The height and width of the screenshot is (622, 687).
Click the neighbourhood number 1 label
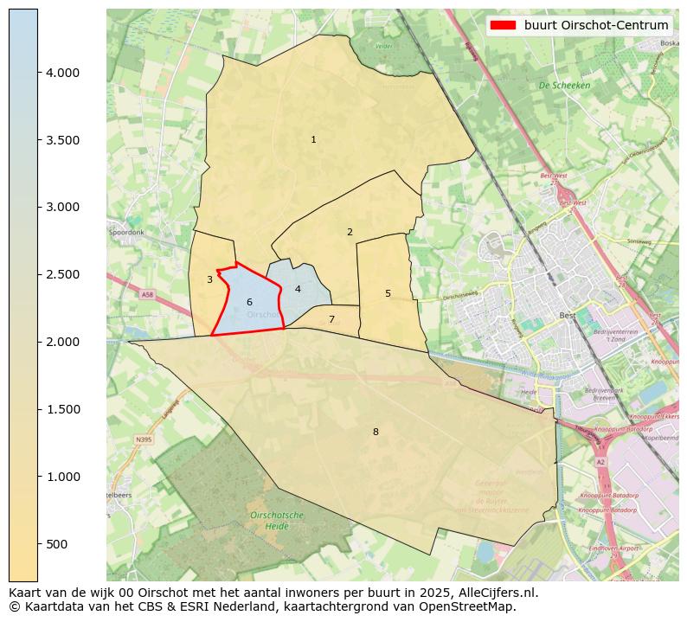click(x=313, y=139)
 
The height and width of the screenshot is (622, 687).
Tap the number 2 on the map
click(x=350, y=232)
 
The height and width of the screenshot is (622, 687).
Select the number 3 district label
click(x=209, y=279)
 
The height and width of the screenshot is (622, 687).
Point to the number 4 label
click(x=298, y=289)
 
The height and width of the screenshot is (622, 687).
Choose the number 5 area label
click(x=388, y=293)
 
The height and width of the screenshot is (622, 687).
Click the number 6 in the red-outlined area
click(x=249, y=302)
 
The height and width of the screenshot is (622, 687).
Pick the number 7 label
click(x=331, y=319)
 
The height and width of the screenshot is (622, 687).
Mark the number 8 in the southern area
click(x=376, y=432)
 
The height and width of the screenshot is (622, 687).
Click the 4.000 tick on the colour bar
click(x=63, y=73)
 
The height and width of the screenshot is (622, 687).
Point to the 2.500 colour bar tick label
click(x=63, y=274)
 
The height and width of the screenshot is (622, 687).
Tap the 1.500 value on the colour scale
click(x=63, y=409)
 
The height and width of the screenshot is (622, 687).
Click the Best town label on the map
click(x=568, y=316)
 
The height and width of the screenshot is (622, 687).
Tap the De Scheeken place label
click(x=564, y=86)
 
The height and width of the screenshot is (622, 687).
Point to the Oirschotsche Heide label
click(x=276, y=520)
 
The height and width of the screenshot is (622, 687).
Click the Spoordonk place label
click(x=126, y=233)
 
